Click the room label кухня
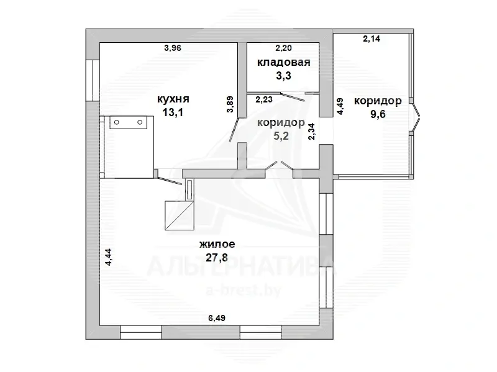tap(173, 99)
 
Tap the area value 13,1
tap(173, 112)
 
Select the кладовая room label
tap(284, 63)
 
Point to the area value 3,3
tap(283, 76)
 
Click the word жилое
tap(217, 244)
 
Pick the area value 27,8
tap(217, 258)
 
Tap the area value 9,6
tap(378, 114)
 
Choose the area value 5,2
tap(281, 136)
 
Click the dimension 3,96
tap(173, 48)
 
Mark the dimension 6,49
tap(217, 318)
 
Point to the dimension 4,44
tap(108, 257)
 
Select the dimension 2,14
tap(372, 39)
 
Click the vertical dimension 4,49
tap(340, 106)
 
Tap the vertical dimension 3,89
tap(230, 104)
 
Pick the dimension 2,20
tap(283, 48)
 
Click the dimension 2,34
tap(312, 132)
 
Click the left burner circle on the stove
tap(117, 122)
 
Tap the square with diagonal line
tap(180, 215)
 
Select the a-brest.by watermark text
tap(243, 290)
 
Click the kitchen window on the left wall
tap(93, 80)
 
